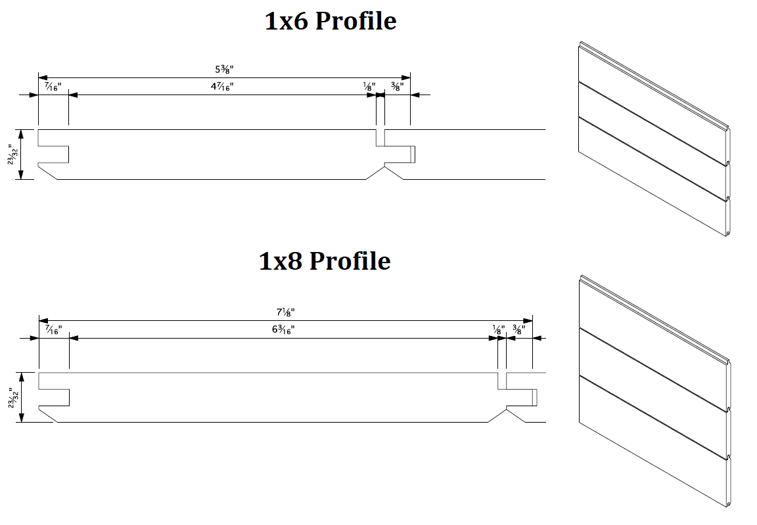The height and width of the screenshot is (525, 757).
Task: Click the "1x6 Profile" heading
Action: (331, 21)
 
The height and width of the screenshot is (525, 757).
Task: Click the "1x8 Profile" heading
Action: (325, 261)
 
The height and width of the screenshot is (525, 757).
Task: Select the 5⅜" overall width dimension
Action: (223, 68)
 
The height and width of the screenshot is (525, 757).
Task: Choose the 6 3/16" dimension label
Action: (283, 329)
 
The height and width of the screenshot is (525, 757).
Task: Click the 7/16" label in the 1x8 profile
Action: (53, 329)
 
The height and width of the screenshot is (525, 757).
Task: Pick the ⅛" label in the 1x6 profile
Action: (369, 86)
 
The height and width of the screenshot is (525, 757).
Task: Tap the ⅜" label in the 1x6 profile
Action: (397, 86)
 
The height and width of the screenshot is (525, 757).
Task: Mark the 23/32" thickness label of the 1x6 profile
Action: (13, 155)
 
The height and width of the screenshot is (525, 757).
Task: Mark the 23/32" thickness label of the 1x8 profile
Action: (13, 398)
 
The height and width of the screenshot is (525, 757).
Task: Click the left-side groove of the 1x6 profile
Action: (55, 154)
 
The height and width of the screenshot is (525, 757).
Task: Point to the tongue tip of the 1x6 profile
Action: (413, 154)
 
